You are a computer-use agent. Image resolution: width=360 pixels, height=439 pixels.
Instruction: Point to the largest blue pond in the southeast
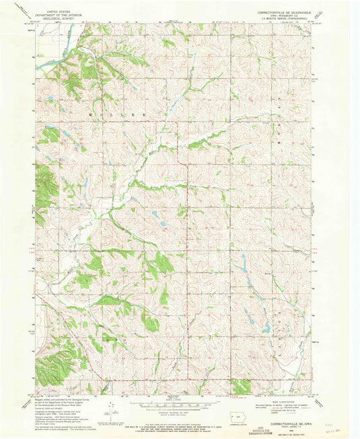click(266, 329)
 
